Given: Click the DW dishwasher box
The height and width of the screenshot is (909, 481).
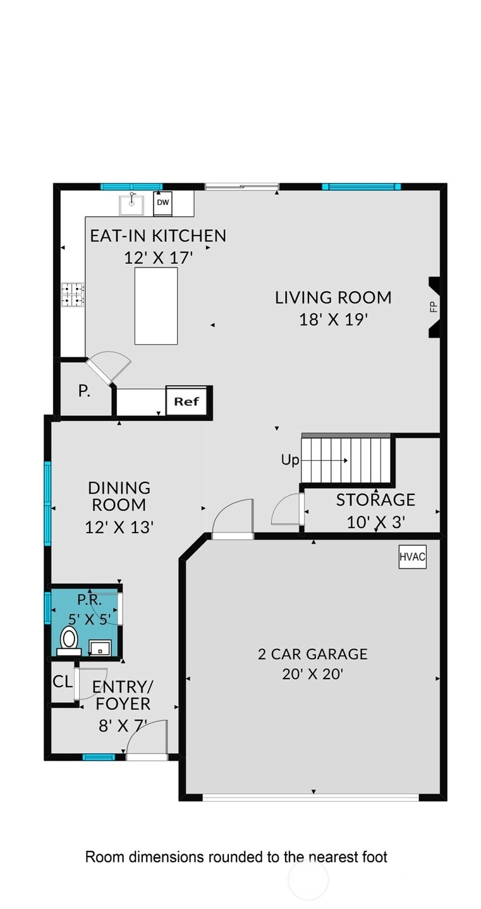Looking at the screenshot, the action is (x=162, y=204).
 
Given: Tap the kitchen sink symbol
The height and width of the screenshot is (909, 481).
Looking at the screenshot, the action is (x=131, y=205).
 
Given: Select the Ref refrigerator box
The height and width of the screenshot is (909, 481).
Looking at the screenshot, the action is (x=186, y=401).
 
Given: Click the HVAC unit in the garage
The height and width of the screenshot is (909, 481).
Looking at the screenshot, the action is (x=412, y=556).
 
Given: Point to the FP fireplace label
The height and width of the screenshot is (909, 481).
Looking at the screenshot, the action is (x=434, y=307).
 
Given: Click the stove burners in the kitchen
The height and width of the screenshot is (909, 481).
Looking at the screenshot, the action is (x=73, y=294).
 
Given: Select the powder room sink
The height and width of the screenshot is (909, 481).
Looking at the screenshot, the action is (x=100, y=648).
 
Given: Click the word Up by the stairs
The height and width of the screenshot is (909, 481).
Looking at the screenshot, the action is (x=289, y=460).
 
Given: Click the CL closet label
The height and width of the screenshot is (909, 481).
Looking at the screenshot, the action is (x=63, y=682).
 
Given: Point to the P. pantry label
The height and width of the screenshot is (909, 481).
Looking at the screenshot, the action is (x=83, y=391).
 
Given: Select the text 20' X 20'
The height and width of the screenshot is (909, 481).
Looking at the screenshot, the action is (x=313, y=674).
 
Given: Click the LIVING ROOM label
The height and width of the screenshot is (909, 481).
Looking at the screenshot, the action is (x=333, y=298).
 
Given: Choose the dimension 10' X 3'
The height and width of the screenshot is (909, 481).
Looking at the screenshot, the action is (x=376, y=522).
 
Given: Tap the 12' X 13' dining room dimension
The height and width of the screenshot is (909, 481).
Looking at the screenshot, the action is (x=119, y=528).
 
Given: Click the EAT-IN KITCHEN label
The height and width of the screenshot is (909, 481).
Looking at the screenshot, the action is (x=158, y=236).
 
